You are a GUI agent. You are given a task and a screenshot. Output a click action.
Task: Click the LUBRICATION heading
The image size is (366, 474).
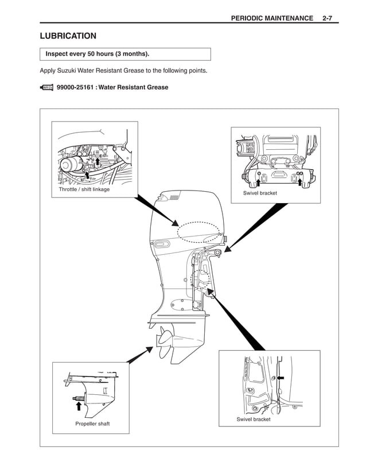click(68, 36)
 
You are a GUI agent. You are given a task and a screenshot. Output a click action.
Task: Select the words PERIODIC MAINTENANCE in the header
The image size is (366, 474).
click(271, 18)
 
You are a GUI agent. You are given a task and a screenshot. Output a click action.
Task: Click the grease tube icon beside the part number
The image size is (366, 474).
click(46, 87)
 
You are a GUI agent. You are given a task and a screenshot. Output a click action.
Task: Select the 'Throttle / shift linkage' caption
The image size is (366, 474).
click(84, 189)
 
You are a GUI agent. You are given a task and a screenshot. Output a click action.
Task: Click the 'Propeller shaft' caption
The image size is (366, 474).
click(92, 424)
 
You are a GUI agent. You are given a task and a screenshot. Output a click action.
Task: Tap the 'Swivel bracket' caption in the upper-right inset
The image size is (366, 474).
click(260, 193)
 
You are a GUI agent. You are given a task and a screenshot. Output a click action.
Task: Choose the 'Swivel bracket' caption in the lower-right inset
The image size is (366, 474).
click(254, 419)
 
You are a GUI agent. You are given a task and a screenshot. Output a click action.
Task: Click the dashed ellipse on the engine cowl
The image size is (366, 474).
click(198, 232)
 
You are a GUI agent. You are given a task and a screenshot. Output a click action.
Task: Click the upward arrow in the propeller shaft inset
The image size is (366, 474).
click(79, 406)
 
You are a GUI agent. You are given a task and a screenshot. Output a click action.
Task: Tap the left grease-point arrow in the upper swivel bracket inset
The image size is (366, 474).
click(258, 182)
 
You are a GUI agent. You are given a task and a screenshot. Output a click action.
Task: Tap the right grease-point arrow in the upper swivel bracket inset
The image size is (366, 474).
click(299, 182)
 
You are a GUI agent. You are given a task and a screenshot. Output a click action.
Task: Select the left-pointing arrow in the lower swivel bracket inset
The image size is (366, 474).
click(281, 378)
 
